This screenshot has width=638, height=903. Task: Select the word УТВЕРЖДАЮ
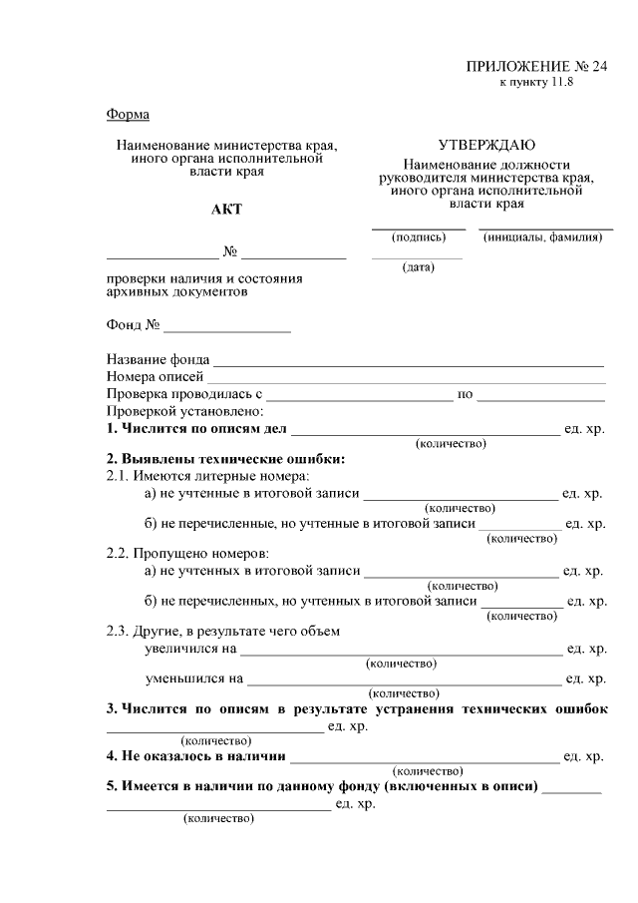point(486,146)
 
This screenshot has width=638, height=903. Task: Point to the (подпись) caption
point(419,237)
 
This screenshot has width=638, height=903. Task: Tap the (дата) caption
point(417,267)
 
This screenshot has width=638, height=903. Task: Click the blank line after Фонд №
point(227,326)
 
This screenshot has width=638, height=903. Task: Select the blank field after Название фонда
point(409,361)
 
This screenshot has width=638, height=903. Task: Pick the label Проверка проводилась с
point(183,394)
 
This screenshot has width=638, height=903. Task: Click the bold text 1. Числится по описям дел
point(196,429)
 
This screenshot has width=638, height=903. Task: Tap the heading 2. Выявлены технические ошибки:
point(226,459)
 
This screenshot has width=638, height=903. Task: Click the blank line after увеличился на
point(401,650)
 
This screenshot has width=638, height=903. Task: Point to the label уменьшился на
point(193,678)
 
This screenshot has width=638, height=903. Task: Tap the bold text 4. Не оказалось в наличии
point(195,756)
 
